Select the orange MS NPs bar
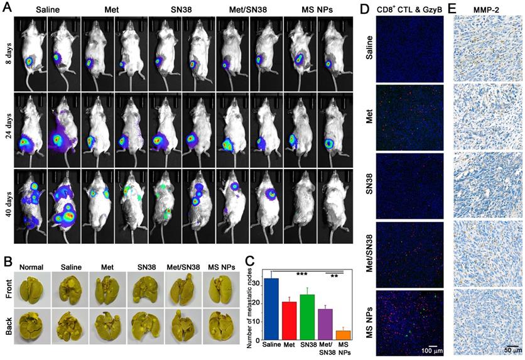343,334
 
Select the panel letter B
8,259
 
